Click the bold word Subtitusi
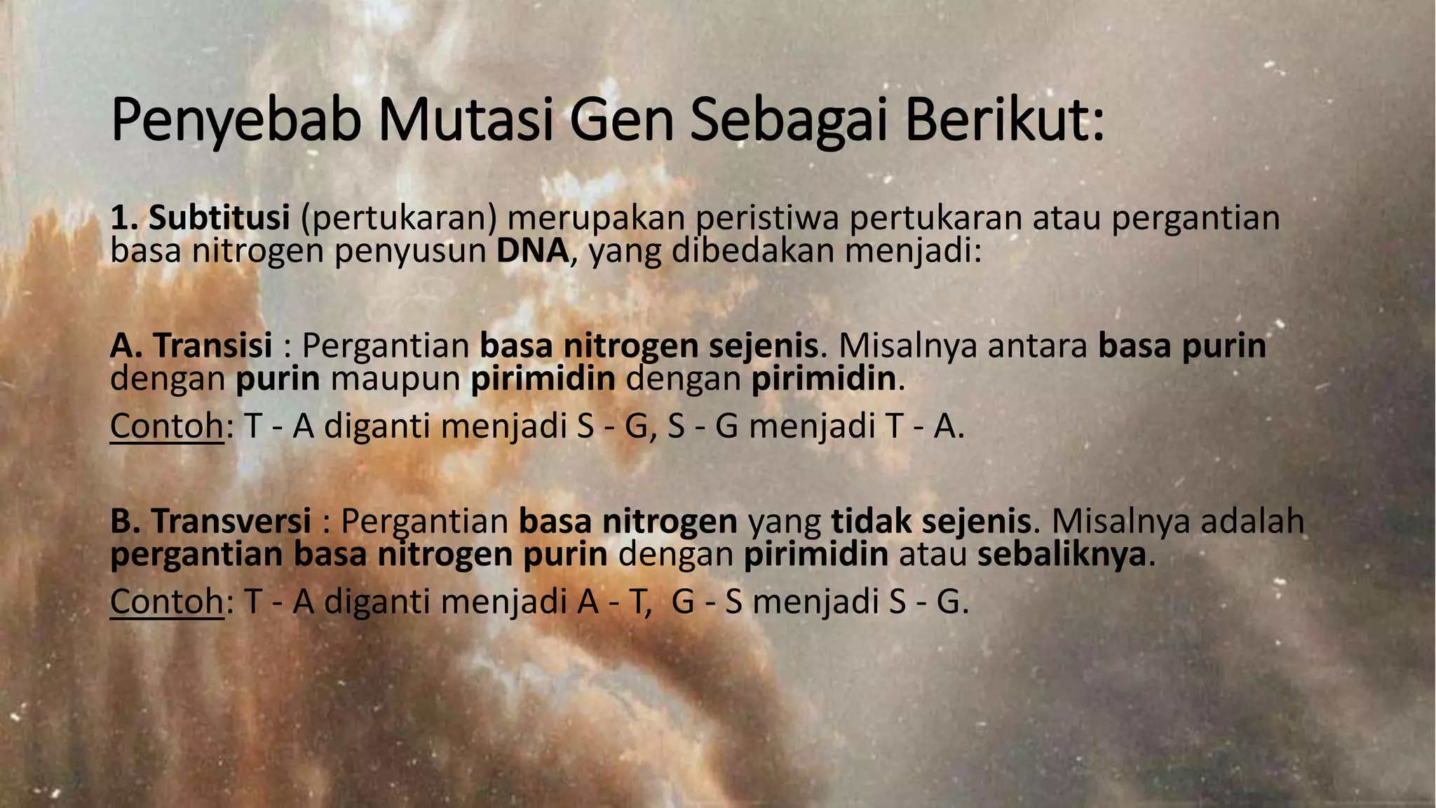click(x=219, y=218)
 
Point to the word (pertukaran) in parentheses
click(x=399, y=218)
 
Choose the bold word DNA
click(x=533, y=252)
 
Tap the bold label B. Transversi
click(x=210, y=520)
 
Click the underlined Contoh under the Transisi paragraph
click(x=167, y=426)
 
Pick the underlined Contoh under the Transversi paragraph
click(x=167, y=601)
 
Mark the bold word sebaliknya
click(x=1062, y=554)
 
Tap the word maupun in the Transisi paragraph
click(x=395, y=379)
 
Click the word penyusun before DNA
click(x=410, y=252)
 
